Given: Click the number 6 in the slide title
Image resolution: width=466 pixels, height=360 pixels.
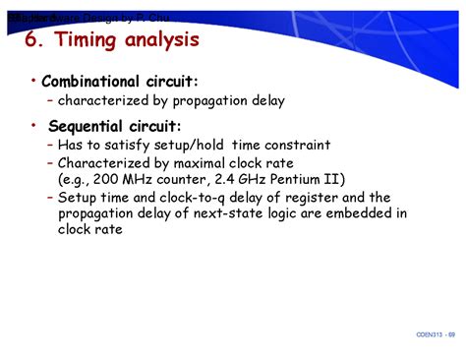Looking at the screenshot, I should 31,41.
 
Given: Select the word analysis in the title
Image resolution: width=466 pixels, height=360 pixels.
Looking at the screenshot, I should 164,41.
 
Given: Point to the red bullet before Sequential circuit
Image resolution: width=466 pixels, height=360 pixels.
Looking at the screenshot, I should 34,125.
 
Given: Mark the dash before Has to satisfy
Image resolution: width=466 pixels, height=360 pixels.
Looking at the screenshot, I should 49,145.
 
